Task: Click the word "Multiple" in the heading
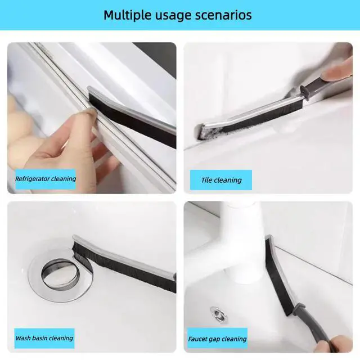tap(128, 15)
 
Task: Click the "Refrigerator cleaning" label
tap(46, 179)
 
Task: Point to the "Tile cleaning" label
tap(221, 180)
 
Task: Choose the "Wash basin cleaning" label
tap(44, 338)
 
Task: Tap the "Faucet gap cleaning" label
tap(217, 339)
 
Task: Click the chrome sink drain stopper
tap(61, 274)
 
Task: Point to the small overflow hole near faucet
tap(219, 314)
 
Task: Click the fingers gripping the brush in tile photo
tap(338, 71)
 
